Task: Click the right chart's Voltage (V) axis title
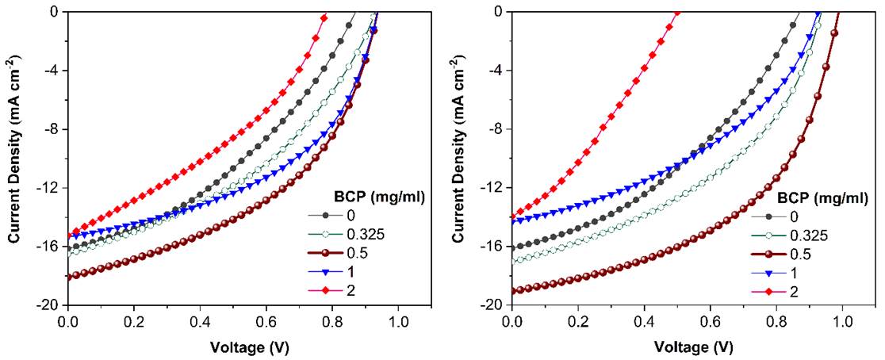pos(694,347)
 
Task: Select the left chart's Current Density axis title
pos(13,159)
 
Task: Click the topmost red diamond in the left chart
pos(324,17)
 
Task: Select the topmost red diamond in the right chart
pos(676,12)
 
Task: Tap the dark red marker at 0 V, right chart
pos(514,291)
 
